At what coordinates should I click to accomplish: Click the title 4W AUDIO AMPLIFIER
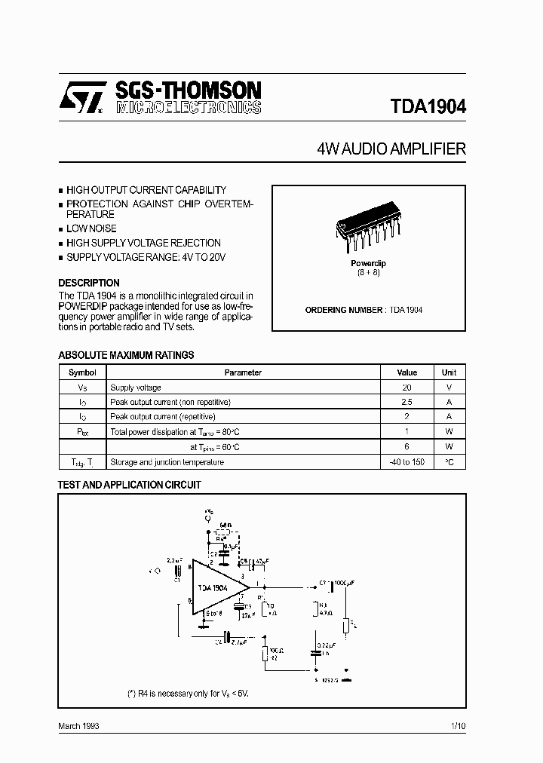point(391,149)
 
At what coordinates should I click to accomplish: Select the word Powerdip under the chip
point(368,263)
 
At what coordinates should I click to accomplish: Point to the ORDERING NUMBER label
point(345,310)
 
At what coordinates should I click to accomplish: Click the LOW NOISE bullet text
point(91,228)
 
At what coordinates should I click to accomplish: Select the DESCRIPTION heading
point(89,283)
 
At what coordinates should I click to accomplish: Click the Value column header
point(407,372)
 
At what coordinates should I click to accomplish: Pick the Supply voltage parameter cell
point(136,388)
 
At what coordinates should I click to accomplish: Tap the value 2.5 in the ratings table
point(407,402)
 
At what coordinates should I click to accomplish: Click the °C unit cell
point(449,461)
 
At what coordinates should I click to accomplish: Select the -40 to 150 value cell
point(407,461)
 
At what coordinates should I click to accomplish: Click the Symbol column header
point(82,372)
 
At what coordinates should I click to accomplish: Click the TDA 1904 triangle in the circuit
point(216,587)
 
